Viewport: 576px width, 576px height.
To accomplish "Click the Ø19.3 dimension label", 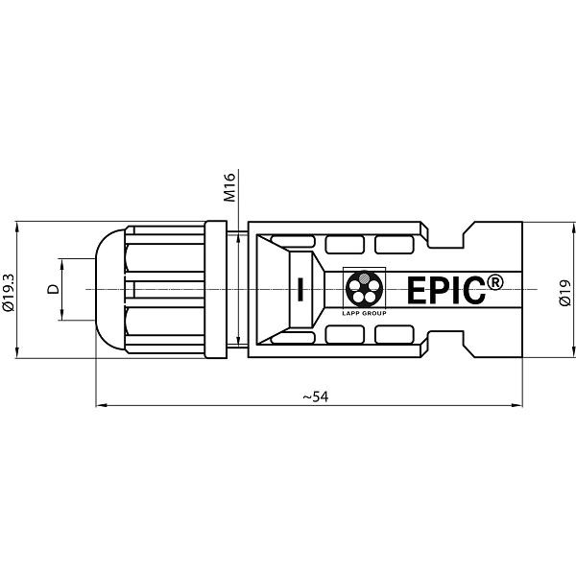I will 9,289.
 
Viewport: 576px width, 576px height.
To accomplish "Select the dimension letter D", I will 53,289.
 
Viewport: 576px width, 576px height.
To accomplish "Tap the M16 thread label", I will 229,186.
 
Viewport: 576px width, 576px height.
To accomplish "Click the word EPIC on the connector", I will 446,290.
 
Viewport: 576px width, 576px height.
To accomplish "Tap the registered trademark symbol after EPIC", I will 494,281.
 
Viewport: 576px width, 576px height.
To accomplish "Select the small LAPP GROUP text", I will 364,313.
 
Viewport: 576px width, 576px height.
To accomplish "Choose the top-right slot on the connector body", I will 391,244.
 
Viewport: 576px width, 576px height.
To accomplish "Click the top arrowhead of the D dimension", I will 62,263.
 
